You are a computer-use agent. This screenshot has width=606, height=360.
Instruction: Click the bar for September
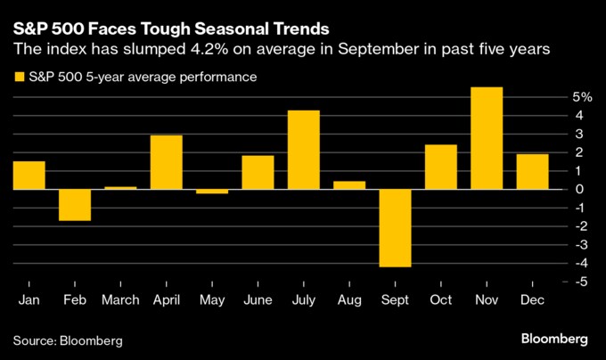click(395, 227)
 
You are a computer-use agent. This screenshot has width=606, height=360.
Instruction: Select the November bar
click(487, 138)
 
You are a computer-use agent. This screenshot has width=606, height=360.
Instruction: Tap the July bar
click(303, 150)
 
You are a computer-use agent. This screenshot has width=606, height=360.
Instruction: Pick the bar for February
click(75, 204)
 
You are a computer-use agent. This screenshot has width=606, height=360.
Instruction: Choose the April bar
click(166, 162)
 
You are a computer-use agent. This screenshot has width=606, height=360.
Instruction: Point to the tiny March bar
click(120, 187)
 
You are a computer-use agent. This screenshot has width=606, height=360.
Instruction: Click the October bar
click(440, 167)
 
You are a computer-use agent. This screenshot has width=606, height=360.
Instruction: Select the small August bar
click(349, 184)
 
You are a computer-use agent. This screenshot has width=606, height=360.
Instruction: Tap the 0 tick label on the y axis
click(579, 189)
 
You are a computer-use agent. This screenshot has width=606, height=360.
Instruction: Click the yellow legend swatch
click(19, 78)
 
